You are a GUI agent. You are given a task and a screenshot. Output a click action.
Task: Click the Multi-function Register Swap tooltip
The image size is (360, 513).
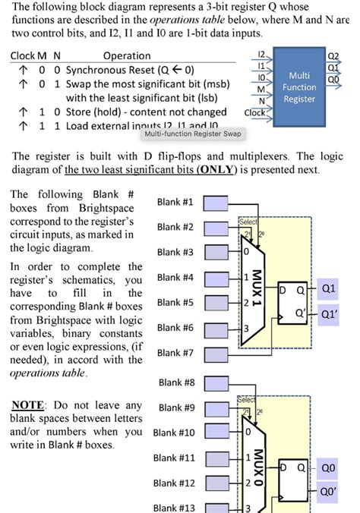coord(194,134)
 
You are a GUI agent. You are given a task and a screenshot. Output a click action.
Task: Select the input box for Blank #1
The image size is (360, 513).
coord(216,202)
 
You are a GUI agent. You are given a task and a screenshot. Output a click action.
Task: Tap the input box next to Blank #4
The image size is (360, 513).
coord(216,277)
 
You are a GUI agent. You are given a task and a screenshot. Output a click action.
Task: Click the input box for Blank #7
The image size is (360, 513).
coord(216,352)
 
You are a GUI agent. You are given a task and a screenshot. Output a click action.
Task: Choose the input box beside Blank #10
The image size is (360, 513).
coord(216,433)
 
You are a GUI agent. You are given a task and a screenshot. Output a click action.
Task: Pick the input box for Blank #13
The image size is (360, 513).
coord(216,508)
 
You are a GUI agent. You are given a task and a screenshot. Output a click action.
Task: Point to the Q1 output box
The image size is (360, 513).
coord(329,288)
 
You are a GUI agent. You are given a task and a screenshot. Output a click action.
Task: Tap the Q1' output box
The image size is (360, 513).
coord(329,313)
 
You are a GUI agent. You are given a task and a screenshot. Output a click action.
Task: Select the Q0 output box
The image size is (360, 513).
coord(329,468)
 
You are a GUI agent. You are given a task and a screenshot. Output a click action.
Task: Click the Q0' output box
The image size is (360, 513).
coord(329,492)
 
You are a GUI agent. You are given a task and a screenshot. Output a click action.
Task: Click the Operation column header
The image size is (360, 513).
coord(127,56)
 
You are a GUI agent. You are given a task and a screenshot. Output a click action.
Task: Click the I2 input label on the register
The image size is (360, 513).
coord(261,55)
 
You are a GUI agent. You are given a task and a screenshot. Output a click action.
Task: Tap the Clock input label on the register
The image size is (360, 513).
coord(254,112)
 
